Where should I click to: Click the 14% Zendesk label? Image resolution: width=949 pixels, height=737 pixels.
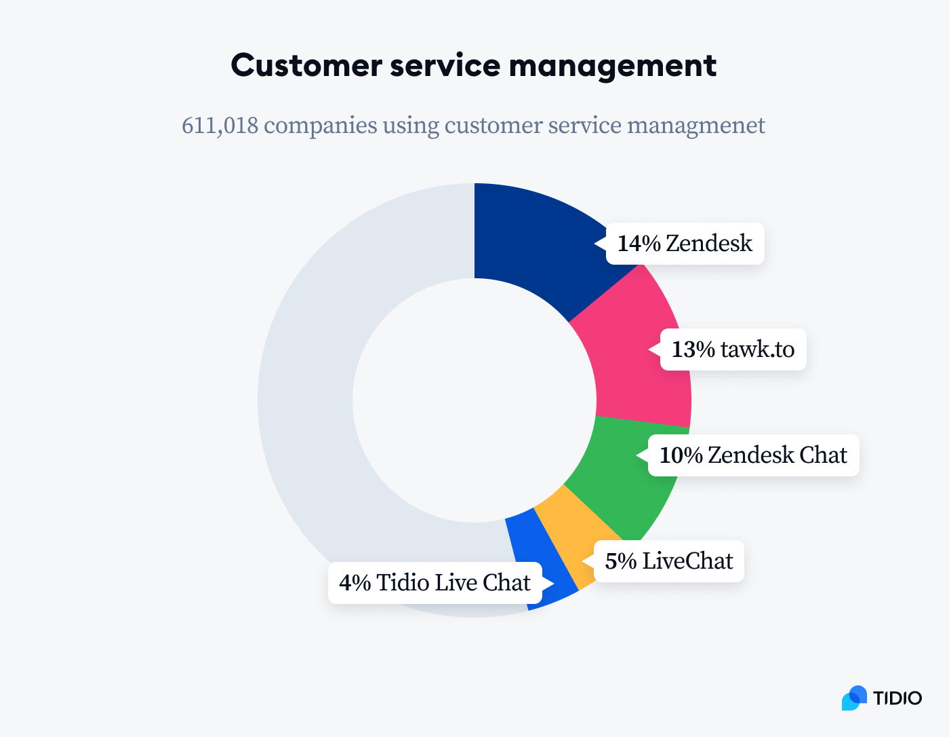685,243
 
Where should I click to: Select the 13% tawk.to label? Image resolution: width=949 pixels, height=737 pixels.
733,349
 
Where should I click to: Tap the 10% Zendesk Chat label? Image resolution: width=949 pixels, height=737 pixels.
753,455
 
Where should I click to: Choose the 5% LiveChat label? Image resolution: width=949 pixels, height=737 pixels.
669,561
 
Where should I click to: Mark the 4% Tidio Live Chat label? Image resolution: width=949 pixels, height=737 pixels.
435,583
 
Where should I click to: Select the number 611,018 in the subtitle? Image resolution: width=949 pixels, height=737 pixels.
220,126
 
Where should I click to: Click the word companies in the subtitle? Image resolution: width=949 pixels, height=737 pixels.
320,126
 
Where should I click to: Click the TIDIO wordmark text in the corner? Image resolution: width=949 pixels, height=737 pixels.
897,698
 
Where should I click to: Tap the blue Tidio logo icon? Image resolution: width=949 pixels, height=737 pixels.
854,698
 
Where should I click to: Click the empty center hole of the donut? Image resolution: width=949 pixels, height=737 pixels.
474,400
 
